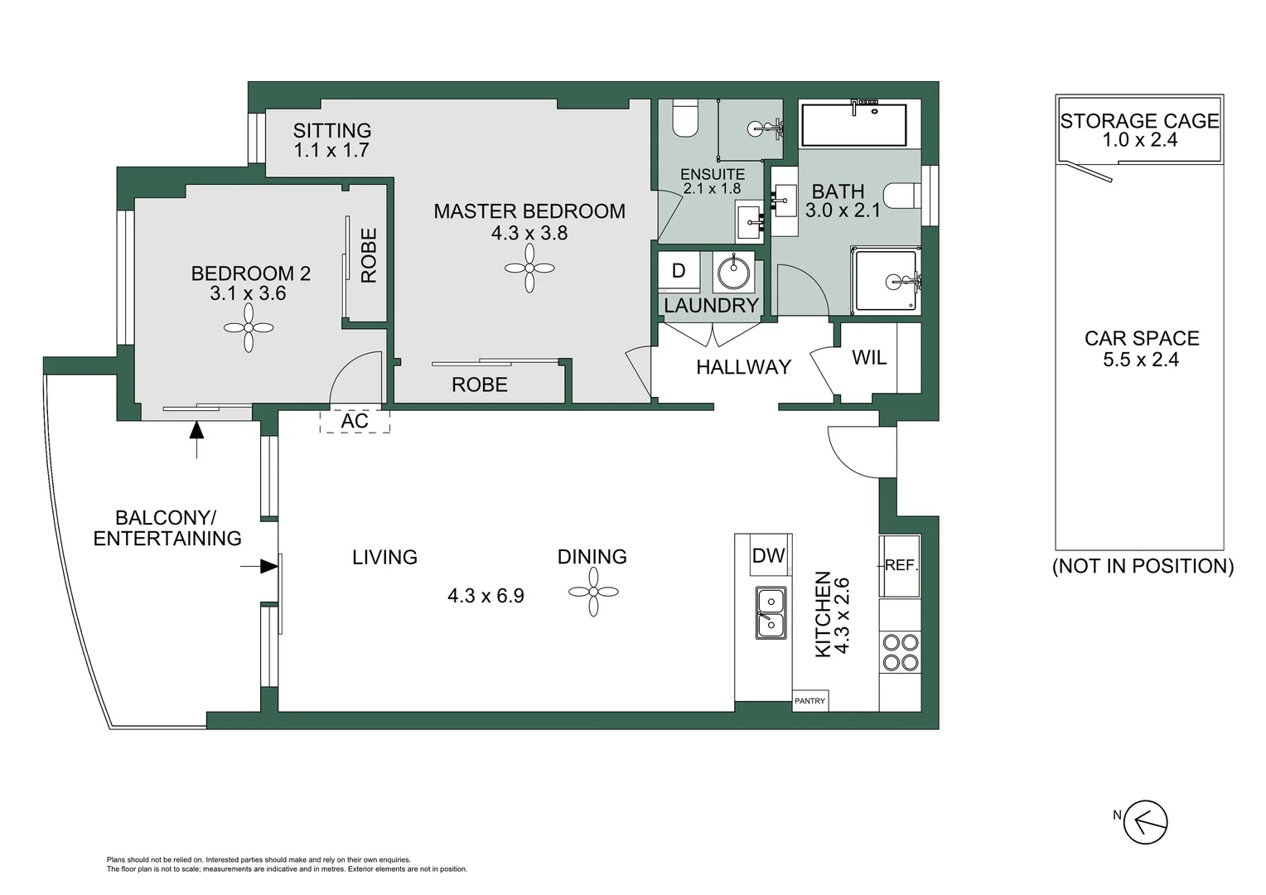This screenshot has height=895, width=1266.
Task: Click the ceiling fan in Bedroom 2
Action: coord(249,327)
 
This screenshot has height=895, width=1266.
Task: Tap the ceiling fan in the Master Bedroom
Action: coord(529,268)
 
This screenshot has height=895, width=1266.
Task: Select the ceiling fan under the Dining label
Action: coord(593,592)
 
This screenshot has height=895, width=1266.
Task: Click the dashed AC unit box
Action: coord(355,421)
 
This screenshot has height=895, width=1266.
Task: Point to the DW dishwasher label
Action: coord(769,556)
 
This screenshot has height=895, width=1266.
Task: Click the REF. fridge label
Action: coord(901,565)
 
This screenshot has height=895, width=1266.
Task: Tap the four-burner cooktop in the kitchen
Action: coord(901,652)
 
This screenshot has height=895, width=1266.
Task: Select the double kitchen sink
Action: coord(771,613)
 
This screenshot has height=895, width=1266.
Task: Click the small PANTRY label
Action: coord(810,701)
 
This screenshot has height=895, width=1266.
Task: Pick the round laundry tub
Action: coord(733,274)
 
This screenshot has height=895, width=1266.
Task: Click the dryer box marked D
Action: coord(679,271)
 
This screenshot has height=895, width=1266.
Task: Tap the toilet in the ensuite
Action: coord(686,118)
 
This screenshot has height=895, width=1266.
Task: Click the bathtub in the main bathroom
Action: coord(854,124)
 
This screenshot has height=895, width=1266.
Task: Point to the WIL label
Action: coord(869,358)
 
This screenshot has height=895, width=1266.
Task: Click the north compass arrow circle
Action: coord(1145,822)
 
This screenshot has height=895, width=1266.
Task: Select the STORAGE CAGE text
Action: coord(1139,121)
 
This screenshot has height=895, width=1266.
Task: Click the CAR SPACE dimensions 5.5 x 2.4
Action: coord(1141,360)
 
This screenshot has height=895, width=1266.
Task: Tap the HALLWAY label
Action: coord(743,367)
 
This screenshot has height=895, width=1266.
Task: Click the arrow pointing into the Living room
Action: coord(259,566)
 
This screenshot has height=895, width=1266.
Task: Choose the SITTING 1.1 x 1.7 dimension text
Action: coord(331,150)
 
